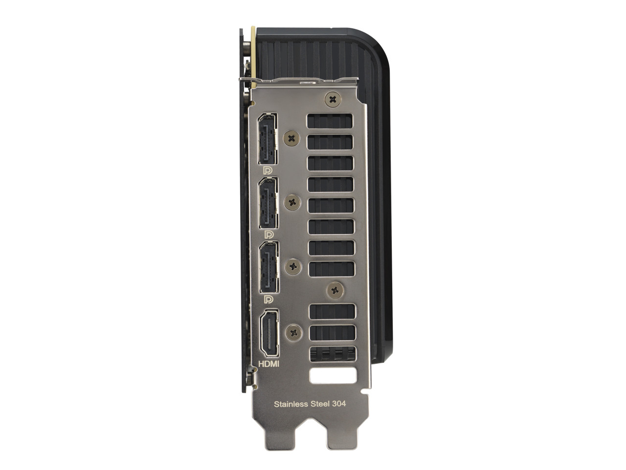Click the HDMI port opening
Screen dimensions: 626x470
click(x=269, y=333)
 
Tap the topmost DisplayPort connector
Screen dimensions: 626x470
click(x=268, y=139)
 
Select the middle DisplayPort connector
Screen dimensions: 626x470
click(x=268, y=203)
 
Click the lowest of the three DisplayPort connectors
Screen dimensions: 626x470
click(x=269, y=267)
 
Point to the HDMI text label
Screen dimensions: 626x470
click(x=268, y=364)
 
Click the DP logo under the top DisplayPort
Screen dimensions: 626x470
click(x=268, y=171)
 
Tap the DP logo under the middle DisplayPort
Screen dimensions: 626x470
click(x=269, y=235)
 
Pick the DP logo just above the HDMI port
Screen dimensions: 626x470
click(x=268, y=299)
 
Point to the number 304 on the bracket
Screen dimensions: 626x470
click(x=339, y=403)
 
